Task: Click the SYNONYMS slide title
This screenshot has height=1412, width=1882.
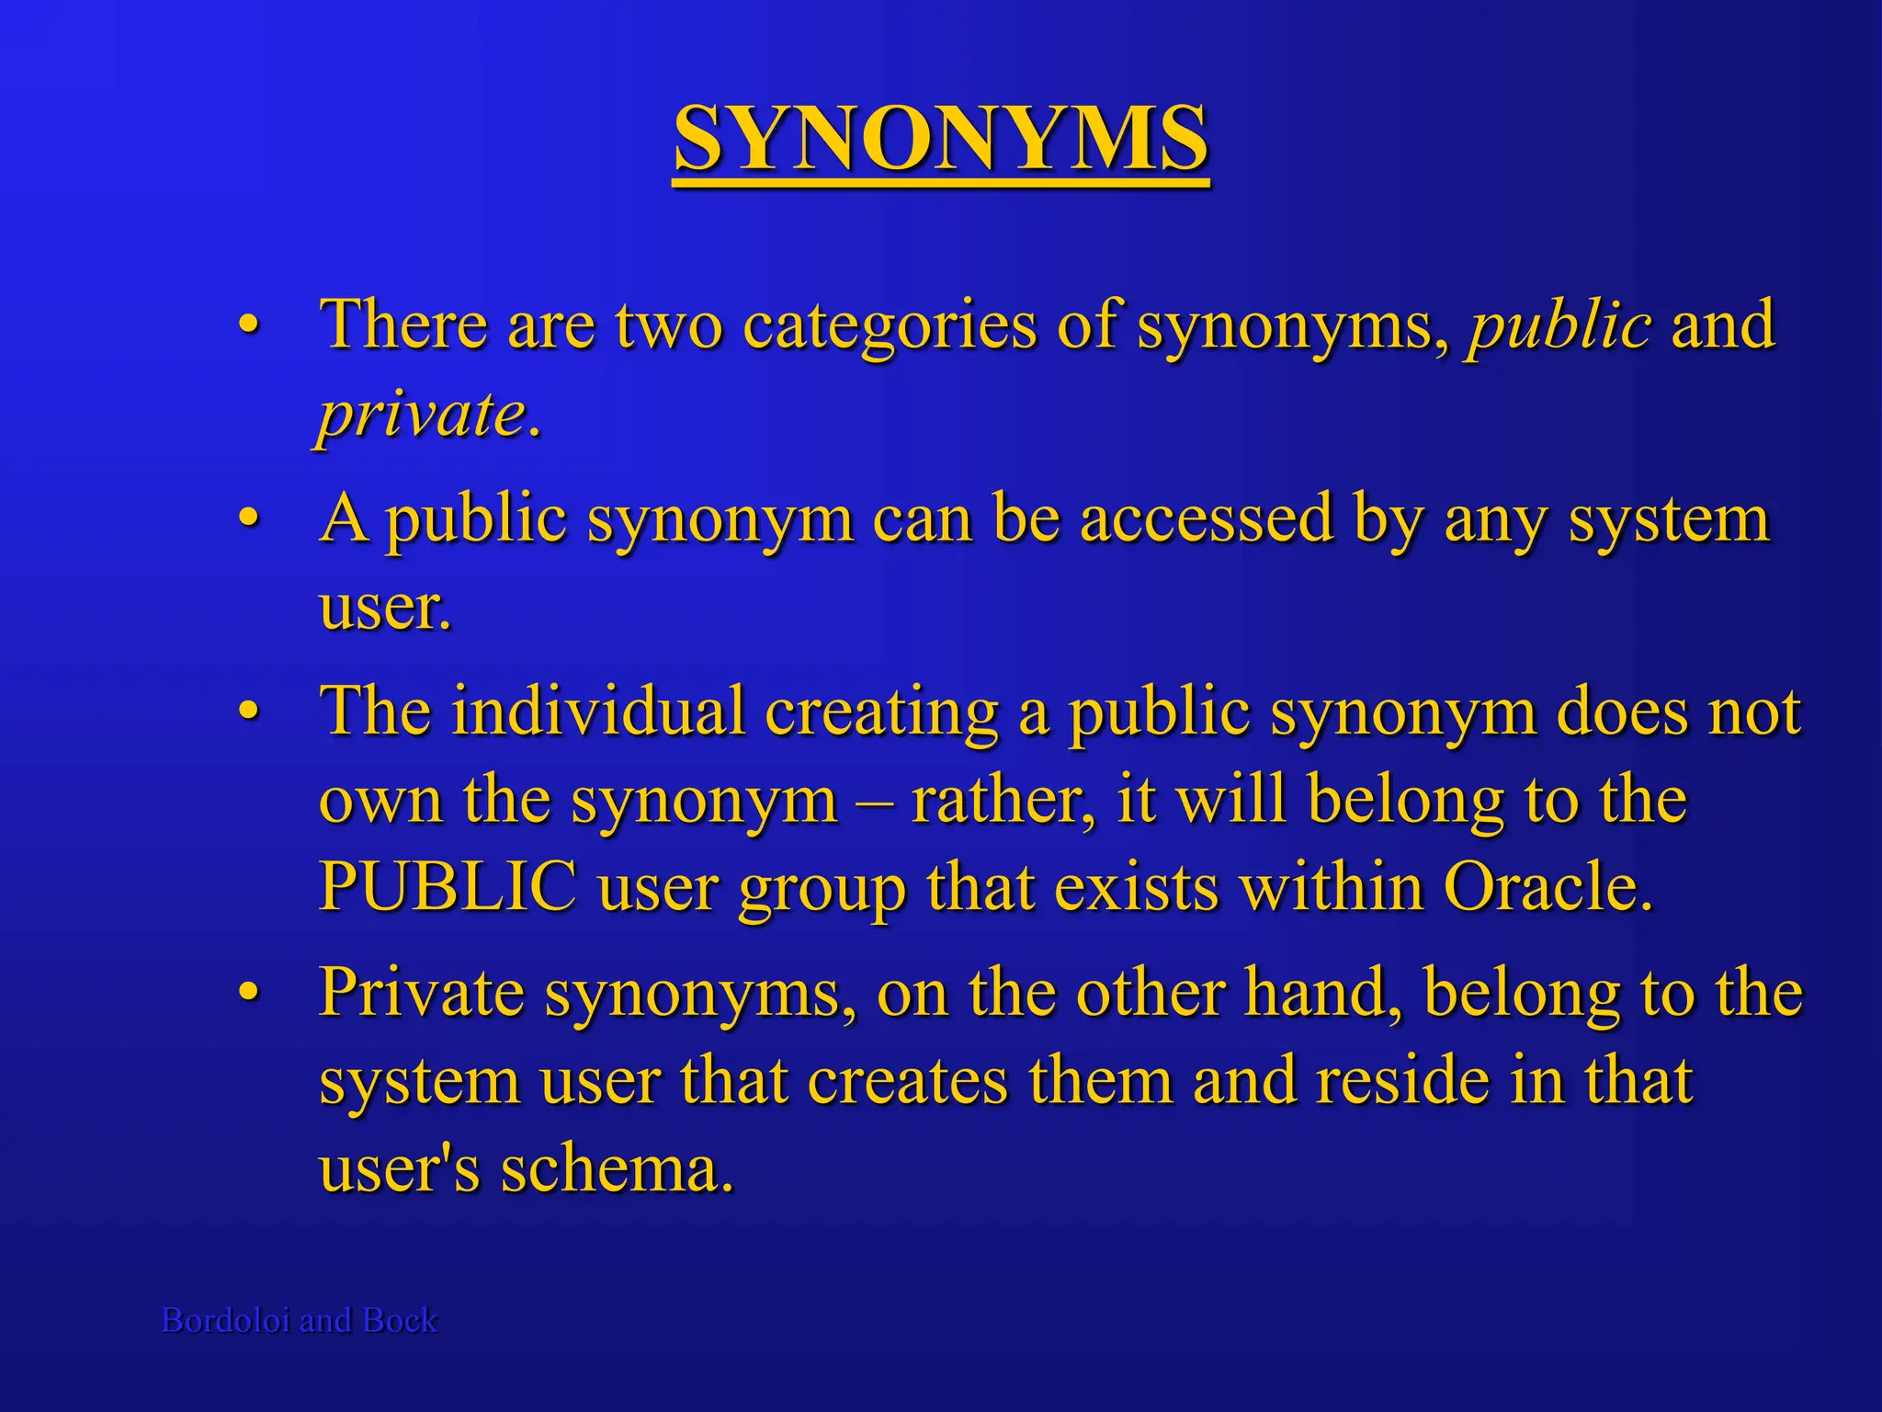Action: (x=940, y=140)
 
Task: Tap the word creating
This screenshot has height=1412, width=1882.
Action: (x=881, y=712)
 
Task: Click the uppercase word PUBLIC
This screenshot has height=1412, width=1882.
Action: (x=448, y=886)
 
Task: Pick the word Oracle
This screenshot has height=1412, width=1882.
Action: (x=1548, y=886)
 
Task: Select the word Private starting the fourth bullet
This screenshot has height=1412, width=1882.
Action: (x=421, y=993)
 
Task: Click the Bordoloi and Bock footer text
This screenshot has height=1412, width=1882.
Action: (x=300, y=1320)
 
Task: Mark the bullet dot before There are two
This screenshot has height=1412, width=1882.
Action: (x=247, y=326)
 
